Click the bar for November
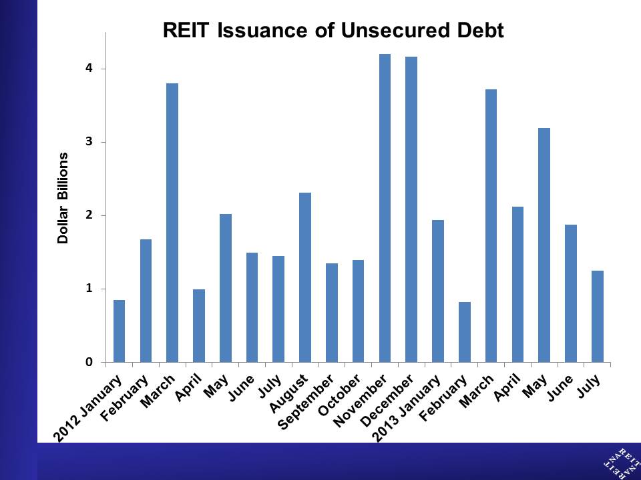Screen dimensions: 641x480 point(385,208)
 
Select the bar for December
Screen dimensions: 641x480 point(411,209)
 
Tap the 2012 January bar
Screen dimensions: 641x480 point(119,331)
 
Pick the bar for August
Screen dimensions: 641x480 point(305,277)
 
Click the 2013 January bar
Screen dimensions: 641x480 point(438,291)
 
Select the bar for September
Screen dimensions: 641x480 point(332,313)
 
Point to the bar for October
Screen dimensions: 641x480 point(358,311)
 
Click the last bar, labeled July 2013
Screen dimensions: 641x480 point(597,316)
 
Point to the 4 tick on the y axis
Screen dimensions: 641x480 point(89,68)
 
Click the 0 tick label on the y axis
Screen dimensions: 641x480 point(89,362)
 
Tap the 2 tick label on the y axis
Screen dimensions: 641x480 point(89,215)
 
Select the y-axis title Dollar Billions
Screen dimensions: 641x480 point(63,199)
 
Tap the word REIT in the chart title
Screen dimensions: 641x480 point(186,30)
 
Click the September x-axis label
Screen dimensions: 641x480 point(305,403)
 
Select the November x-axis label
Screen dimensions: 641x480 point(360,401)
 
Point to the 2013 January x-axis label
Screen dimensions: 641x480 point(406,409)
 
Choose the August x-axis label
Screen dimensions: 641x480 point(288,393)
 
